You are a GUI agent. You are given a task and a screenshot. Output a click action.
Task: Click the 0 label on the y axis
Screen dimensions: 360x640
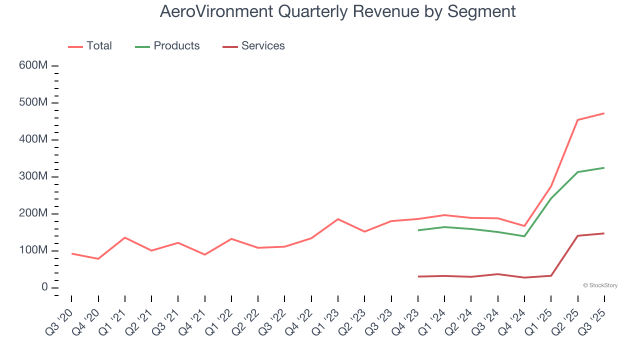pos(44,287)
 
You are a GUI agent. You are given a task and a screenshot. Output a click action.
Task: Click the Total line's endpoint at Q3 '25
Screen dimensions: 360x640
pos(604,113)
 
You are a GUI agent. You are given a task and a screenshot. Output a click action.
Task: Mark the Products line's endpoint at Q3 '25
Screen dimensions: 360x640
pos(604,167)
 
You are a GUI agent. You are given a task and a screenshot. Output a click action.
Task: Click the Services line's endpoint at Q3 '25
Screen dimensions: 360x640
pos(604,233)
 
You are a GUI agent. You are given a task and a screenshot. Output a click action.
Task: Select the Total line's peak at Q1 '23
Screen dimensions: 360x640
pos(338,219)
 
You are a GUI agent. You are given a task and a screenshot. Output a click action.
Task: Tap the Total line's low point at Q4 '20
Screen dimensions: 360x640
pos(98,259)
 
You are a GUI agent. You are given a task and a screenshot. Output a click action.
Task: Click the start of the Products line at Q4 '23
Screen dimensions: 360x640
pos(418,230)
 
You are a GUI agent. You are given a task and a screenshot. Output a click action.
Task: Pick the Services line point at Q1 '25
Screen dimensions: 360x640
pos(551,275)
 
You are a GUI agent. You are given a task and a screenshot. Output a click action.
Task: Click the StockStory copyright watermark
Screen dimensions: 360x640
pos(600,285)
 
